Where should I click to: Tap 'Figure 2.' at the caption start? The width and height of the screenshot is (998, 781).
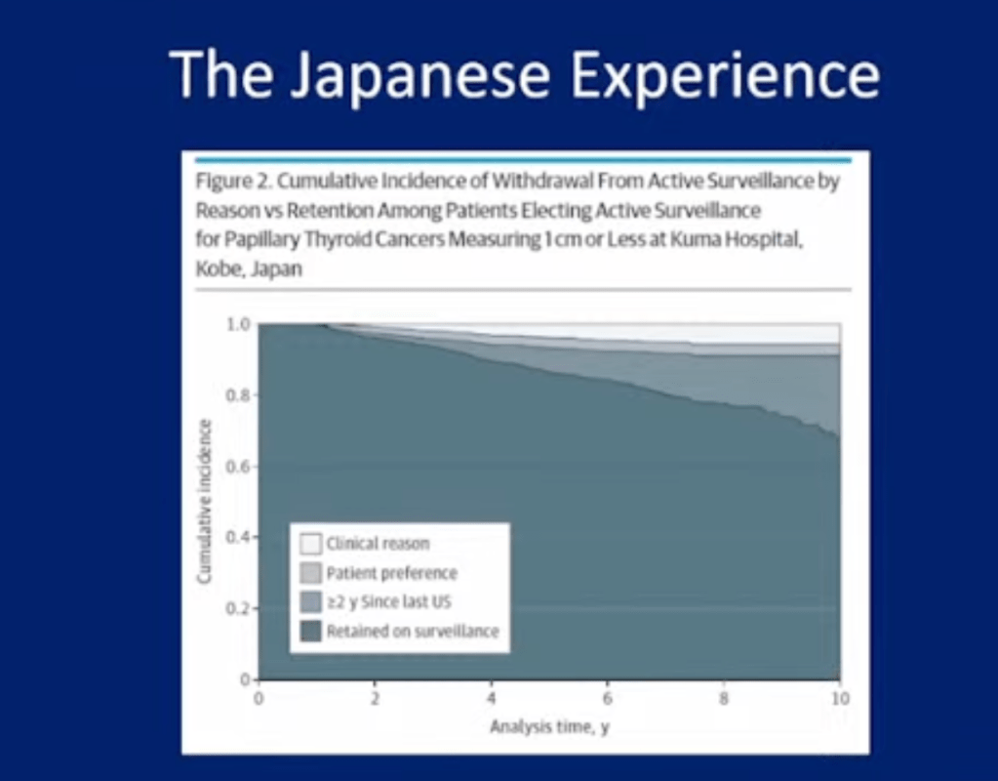[234, 183]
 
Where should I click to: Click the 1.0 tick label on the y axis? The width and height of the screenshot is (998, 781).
[237, 325]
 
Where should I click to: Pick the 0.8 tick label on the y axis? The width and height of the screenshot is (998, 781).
[237, 395]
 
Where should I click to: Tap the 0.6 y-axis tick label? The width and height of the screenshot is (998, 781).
[237, 467]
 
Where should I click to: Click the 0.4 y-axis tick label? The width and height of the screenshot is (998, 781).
[237, 537]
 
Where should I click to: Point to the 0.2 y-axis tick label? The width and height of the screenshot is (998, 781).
[237, 608]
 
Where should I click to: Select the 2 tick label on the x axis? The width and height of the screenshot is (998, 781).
[375, 699]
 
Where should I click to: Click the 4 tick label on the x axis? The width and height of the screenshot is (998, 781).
[492, 699]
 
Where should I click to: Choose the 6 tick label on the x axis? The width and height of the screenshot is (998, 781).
[608, 699]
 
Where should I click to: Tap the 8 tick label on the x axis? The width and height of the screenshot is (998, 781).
[724, 699]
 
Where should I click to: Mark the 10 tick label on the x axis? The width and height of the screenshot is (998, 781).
[840, 699]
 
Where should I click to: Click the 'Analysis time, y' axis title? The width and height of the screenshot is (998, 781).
[549, 727]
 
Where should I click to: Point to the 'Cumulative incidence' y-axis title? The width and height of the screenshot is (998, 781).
[204, 502]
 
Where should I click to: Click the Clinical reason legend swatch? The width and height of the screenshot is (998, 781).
[310, 544]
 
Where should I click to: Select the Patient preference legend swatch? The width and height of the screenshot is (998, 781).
[310, 573]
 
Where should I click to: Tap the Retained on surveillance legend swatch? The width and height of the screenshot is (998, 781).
[310, 632]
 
